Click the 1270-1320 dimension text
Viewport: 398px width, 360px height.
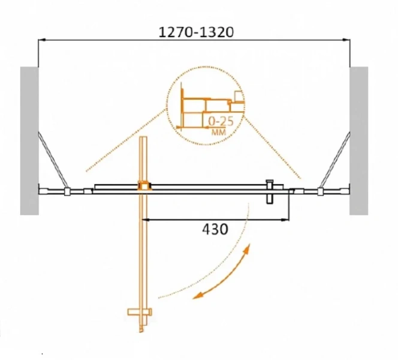[x=196, y=32]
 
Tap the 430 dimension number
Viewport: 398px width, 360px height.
[x=215, y=229]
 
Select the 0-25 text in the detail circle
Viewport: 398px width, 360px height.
[x=221, y=122]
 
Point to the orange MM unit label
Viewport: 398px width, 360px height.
[x=219, y=132]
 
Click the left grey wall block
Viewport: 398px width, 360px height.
[x=29, y=141]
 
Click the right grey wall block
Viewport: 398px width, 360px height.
[x=358, y=141]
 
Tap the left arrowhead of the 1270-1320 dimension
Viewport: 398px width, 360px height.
[x=41, y=40]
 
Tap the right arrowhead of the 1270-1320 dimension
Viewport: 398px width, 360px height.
[x=346, y=40]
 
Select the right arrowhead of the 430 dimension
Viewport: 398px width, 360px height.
[x=286, y=219]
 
